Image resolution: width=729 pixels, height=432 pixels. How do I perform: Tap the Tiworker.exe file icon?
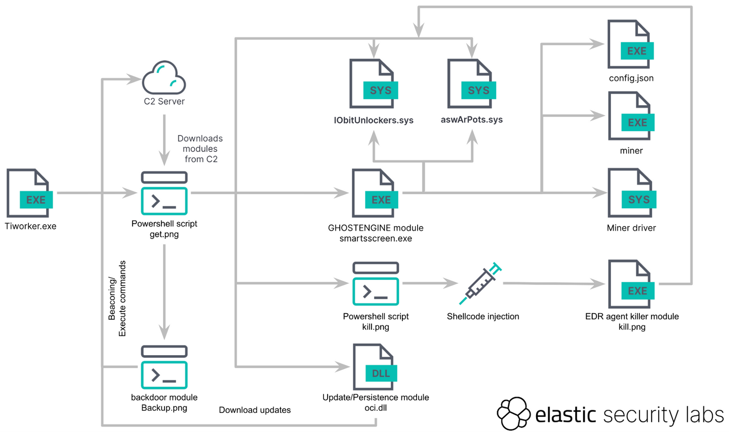point(29,193)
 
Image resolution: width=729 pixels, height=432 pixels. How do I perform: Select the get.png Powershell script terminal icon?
point(164,193)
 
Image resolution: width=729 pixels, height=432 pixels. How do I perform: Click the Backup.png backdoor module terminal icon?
point(164,367)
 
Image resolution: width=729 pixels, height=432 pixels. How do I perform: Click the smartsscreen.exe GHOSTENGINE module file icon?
point(375,193)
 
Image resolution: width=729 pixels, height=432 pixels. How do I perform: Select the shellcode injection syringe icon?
point(480,283)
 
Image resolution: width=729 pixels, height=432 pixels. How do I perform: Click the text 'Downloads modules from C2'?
point(200,149)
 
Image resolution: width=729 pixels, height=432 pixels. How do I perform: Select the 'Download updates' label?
point(255,410)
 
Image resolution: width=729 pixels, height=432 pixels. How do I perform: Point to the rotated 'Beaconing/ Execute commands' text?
point(117,298)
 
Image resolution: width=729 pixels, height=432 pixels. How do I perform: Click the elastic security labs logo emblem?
point(513,413)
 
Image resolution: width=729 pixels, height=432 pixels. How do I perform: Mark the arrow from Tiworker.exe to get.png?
point(96,193)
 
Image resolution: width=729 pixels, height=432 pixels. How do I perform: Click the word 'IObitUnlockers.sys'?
point(374,120)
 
